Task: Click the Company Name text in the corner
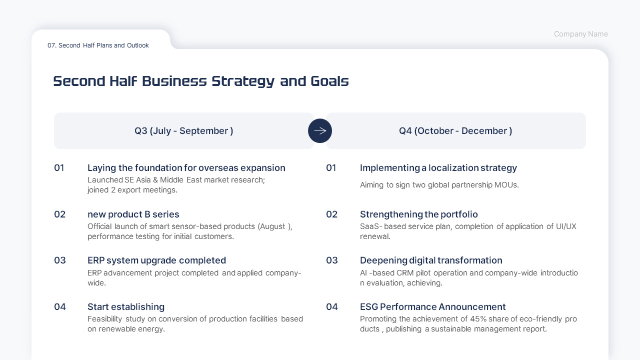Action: click(x=580, y=34)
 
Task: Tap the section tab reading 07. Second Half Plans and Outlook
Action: click(x=98, y=45)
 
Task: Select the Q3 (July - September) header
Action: click(x=183, y=131)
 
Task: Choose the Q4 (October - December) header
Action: click(x=455, y=131)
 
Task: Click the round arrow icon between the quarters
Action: click(x=320, y=131)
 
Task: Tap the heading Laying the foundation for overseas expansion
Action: click(x=186, y=168)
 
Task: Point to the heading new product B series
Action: click(x=133, y=214)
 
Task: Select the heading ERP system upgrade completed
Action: click(x=156, y=260)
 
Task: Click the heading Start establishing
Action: click(x=125, y=307)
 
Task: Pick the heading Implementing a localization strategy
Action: click(x=438, y=168)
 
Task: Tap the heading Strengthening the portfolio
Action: click(x=418, y=214)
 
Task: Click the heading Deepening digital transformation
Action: click(x=431, y=260)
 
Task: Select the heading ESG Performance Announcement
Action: click(x=432, y=307)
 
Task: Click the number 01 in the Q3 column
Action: click(x=59, y=168)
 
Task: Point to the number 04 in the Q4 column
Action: click(x=332, y=307)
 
